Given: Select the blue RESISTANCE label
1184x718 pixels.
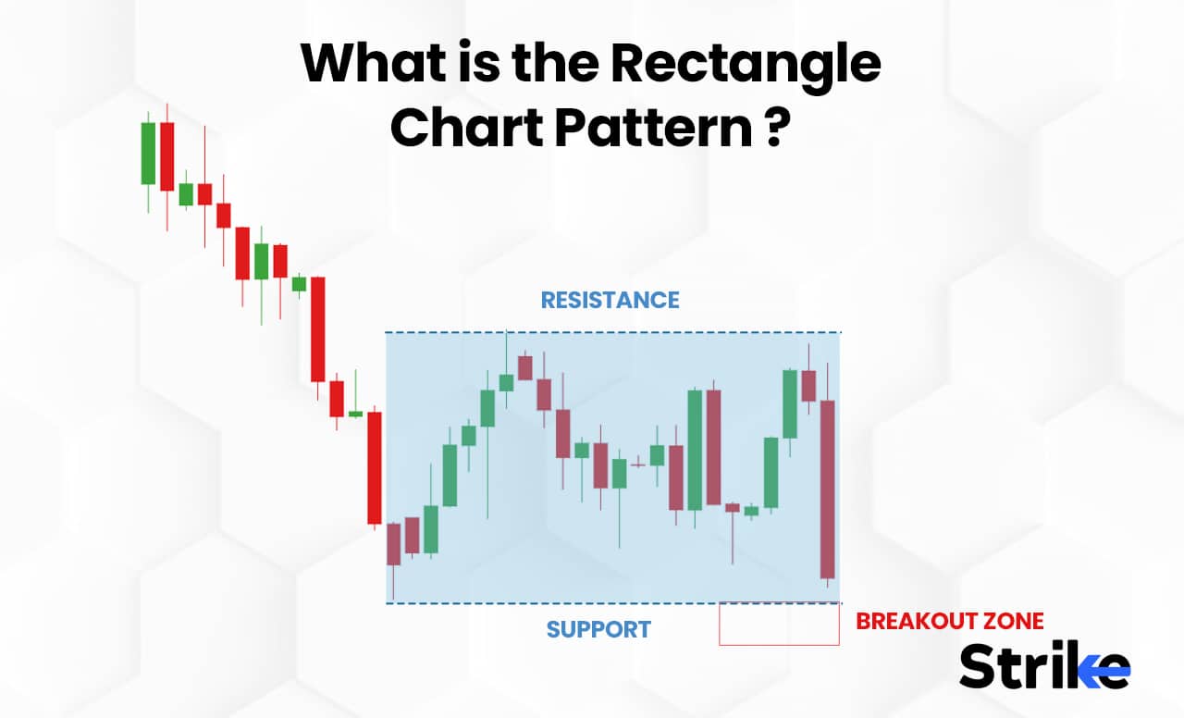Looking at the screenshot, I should (x=610, y=301).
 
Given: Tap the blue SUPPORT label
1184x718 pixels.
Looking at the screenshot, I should (x=598, y=630).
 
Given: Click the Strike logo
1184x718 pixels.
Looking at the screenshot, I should (x=1043, y=665).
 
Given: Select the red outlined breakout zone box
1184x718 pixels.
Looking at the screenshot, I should (x=779, y=625).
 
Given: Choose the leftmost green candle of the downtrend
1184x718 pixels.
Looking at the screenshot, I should (x=148, y=153).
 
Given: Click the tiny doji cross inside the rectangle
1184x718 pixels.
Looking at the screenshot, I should (x=637, y=460).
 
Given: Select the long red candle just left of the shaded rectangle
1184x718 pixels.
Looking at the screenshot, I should (x=375, y=467).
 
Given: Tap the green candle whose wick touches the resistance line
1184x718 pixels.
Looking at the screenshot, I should (x=506, y=382).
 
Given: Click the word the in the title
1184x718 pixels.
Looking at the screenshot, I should (x=531, y=65).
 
